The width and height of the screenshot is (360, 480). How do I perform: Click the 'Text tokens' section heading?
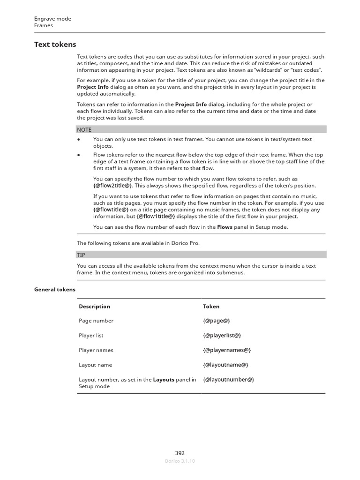pyautogui.click(x=55, y=45)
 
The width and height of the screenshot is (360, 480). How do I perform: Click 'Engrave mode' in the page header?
pyautogui.click(x=52, y=19)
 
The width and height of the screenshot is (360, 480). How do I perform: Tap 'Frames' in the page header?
pyautogui.click(x=44, y=25)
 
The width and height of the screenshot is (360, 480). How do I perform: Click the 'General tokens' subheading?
pyautogui.click(x=54, y=290)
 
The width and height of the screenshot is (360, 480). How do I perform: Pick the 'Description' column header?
pyautogui.click(x=94, y=307)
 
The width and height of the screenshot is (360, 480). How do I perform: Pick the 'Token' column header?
pyautogui.click(x=211, y=307)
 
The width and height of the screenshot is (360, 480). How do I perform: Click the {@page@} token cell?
pyautogui.click(x=216, y=321)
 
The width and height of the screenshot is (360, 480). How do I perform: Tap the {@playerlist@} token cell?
pyautogui.click(x=222, y=336)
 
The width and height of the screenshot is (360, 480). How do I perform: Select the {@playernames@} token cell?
pyautogui.click(x=227, y=350)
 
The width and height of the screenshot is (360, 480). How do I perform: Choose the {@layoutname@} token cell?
pyautogui.click(x=225, y=365)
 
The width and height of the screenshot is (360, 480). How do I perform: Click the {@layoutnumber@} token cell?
pyautogui.click(x=228, y=380)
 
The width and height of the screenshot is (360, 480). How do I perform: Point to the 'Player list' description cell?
pyautogui.click(x=91, y=336)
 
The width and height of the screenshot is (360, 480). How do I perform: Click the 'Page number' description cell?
pyautogui.click(x=96, y=321)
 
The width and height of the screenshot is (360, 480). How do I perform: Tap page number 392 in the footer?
pyautogui.click(x=180, y=453)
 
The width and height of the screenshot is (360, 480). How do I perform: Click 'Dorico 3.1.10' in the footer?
pyautogui.click(x=180, y=461)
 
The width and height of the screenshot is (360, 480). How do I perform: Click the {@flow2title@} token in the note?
pyautogui.click(x=113, y=186)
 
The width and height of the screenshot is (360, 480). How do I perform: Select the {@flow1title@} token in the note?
pyautogui.click(x=156, y=217)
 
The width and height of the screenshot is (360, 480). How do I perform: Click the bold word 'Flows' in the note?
pyautogui.click(x=225, y=227)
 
